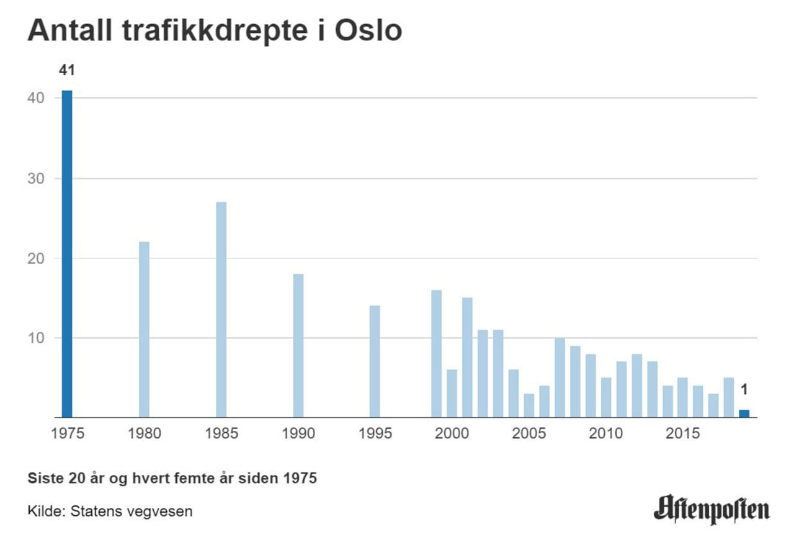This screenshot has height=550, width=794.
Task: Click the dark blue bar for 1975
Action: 67,254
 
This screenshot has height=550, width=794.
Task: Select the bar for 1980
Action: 144,329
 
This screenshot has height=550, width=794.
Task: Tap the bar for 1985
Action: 221,309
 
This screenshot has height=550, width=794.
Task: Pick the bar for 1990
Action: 298,345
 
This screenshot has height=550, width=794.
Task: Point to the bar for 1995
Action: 375,361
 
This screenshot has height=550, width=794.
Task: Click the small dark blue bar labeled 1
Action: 744,414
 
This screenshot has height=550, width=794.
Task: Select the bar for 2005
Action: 529,406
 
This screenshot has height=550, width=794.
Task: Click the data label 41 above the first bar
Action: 66,71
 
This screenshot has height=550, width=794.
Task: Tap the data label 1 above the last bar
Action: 744,390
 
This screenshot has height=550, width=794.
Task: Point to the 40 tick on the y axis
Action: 37,99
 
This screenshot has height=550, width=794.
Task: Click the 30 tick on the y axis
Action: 37,179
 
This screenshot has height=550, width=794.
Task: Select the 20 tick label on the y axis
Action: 37,259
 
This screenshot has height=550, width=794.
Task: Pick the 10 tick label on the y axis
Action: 37,339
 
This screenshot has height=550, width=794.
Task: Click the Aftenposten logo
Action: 711,508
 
